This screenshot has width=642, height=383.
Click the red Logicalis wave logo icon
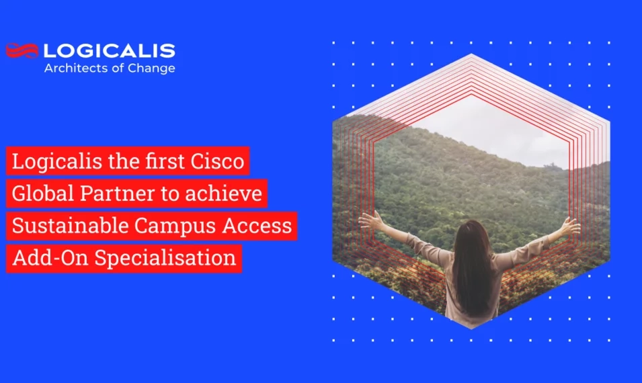point(22,50)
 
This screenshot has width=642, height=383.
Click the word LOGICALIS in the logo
point(109,50)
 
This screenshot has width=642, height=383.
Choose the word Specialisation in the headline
point(165,258)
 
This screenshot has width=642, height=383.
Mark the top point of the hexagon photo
point(471,54)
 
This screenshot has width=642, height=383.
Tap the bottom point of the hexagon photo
point(471,329)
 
